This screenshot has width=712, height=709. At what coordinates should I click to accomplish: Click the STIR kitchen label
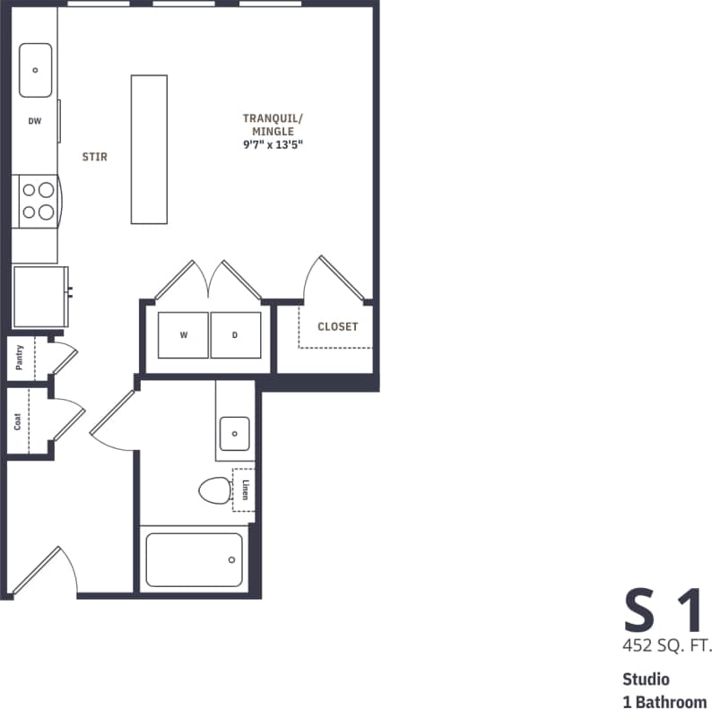(x=94, y=157)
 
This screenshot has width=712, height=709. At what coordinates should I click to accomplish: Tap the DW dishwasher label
(x=34, y=121)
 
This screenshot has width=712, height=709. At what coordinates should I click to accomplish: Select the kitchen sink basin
(x=35, y=70)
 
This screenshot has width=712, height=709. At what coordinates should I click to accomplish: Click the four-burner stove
(x=37, y=200)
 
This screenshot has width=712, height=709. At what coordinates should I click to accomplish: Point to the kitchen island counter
(x=149, y=149)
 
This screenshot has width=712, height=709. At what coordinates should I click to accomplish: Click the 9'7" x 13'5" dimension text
(x=273, y=143)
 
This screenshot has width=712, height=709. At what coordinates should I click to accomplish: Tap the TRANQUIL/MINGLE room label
(x=273, y=125)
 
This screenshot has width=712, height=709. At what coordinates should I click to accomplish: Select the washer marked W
(x=184, y=335)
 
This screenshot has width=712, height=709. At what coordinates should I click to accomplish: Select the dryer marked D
(x=236, y=335)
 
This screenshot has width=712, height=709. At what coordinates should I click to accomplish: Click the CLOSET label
(x=337, y=327)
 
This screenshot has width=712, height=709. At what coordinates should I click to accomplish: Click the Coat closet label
(x=18, y=420)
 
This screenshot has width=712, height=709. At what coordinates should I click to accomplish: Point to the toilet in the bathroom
(x=215, y=490)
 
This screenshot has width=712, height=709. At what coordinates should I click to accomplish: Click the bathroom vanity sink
(x=235, y=433)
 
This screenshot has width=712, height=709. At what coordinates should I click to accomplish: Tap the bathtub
(x=194, y=559)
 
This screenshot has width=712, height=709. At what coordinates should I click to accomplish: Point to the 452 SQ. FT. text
(x=664, y=645)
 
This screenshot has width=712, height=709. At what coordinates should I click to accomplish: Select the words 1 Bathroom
(x=664, y=700)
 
